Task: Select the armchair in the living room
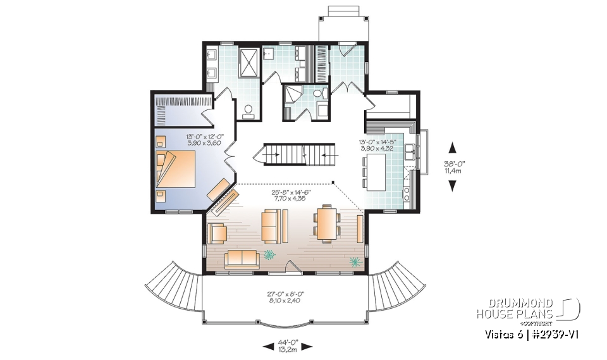coord(218,233)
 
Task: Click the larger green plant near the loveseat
coord(270,254)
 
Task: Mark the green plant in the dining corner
coord(354,261)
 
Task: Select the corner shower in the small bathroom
coord(293,94)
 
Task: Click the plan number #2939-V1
coord(560,334)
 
